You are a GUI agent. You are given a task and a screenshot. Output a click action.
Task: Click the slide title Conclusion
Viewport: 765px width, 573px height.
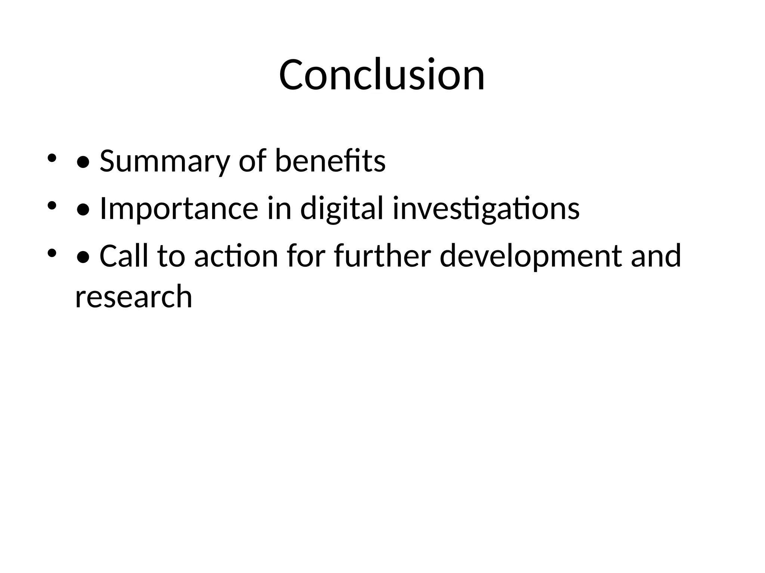382,75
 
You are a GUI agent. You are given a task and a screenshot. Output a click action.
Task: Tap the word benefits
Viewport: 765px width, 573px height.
330,161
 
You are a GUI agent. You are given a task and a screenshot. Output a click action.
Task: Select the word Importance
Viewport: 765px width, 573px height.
179,209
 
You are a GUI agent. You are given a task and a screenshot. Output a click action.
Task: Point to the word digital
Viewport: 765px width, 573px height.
342,209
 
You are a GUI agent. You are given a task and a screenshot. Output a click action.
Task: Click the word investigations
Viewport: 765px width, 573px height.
486,209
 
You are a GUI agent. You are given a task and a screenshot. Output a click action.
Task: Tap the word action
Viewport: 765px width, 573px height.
236,256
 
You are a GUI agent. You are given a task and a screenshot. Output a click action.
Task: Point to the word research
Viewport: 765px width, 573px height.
133,297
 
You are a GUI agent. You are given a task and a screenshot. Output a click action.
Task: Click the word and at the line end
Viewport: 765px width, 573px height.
656,256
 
